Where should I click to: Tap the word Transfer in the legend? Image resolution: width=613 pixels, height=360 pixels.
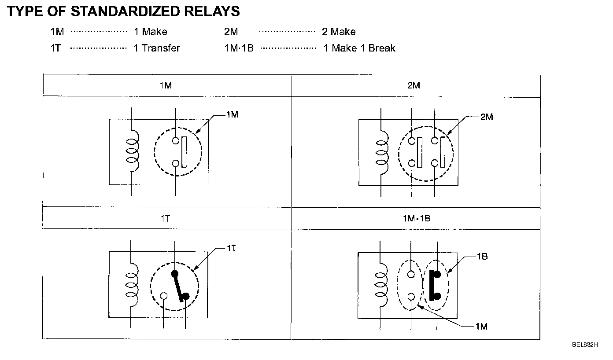pyautogui.click(x=161, y=48)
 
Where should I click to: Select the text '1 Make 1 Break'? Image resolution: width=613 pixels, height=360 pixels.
pyautogui.click(x=359, y=48)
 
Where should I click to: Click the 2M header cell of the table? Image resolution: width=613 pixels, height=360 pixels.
pyautogui.click(x=414, y=85)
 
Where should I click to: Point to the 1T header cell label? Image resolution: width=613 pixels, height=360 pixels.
pyautogui.click(x=165, y=218)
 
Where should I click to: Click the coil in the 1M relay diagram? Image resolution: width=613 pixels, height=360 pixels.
pyautogui.click(x=132, y=152)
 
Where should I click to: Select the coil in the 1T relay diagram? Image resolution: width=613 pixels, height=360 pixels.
pyautogui.click(x=132, y=284)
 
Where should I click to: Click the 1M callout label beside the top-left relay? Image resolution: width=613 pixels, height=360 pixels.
pyautogui.click(x=232, y=115)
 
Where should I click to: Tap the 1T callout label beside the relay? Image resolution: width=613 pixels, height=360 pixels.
pyautogui.click(x=232, y=248)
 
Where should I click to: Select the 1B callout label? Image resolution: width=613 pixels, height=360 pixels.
pyautogui.click(x=482, y=257)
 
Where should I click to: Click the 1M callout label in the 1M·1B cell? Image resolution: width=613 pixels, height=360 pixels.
pyautogui.click(x=481, y=326)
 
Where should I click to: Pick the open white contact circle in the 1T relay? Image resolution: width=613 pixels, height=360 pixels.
pyautogui.click(x=164, y=296)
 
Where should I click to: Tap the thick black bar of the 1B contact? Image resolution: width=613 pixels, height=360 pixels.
pyautogui.click(x=431, y=285)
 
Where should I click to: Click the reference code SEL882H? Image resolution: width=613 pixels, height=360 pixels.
pyautogui.click(x=585, y=345)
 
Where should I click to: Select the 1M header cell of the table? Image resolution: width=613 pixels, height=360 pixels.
pyautogui.click(x=166, y=85)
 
